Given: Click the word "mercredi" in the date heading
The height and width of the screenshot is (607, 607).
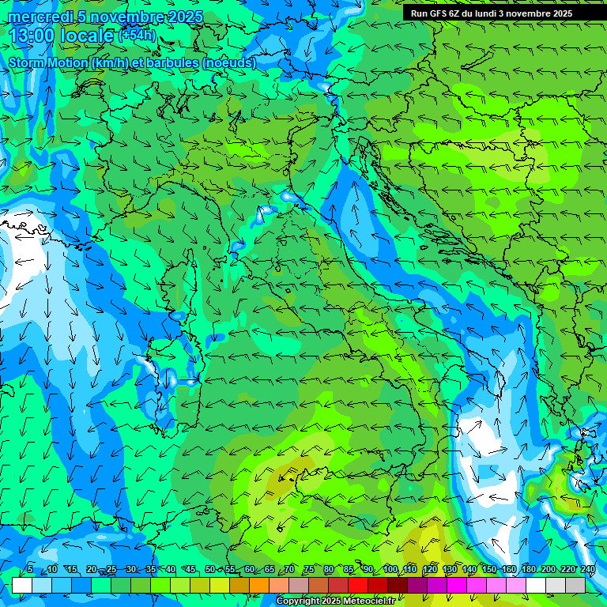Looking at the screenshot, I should [38, 17].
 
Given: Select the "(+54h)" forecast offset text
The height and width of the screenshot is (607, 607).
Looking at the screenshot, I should [137, 35].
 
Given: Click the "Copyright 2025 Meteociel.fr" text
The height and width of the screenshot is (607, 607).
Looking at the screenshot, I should [341, 601].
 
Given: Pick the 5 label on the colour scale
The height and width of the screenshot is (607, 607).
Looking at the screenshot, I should [30, 570].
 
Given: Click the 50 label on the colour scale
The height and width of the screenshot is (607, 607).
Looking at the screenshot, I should [209, 570].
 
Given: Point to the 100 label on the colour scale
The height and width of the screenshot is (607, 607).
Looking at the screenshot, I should [390, 570].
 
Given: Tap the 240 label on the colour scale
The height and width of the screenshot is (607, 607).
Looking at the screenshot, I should [588, 570].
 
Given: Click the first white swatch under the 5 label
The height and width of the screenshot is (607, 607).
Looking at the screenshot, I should [22, 585].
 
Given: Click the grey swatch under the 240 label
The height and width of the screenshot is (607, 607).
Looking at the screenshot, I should [575, 585].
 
